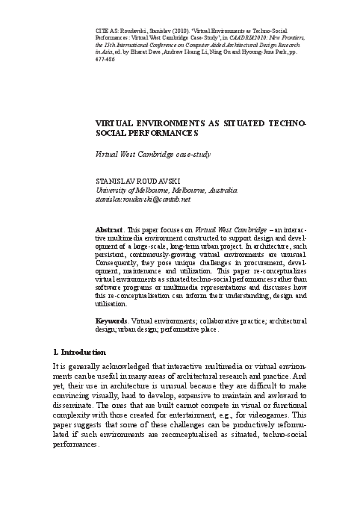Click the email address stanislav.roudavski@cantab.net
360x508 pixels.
(x=138, y=200)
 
